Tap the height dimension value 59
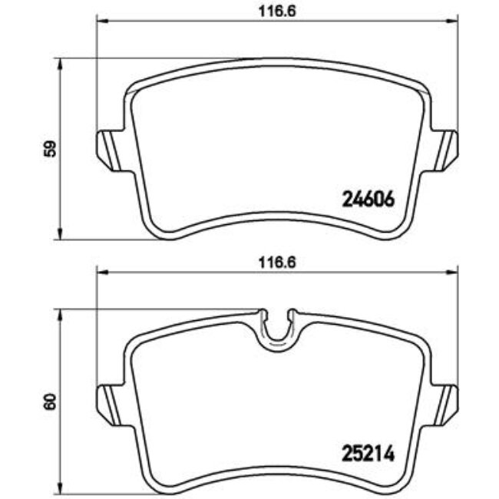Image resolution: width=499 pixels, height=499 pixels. pyautogui.click(x=48, y=148)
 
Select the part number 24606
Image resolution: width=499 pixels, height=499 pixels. pyautogui.click(x=366, y=200)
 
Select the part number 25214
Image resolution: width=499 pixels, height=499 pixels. pyautogui.click(x=366, y=452)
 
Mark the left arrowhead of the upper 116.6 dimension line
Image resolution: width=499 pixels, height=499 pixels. pyautogui.click(x=100, y=21)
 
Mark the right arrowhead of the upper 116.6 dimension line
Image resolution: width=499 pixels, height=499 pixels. pyautogui.click(x=453, y=21)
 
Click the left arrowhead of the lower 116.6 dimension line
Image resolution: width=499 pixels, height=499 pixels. pyautogui.click(x=100, y=272)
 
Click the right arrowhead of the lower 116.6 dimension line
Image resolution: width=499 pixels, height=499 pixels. pyautogui.click(x=453, y=272)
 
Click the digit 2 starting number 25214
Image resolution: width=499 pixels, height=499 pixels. pyautogui.click(x=345, y=452)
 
